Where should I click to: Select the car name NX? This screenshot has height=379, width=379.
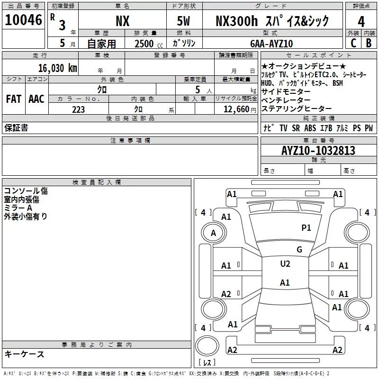pos(122,21)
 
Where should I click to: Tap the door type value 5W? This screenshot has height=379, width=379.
pos(184,21)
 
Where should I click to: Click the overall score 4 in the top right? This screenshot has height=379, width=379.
pos(361,22)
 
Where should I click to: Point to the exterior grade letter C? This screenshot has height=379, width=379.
pos(353,43)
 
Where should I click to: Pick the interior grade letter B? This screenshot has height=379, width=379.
pos(369,43)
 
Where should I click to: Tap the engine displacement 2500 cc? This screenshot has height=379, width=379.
pos(146,44)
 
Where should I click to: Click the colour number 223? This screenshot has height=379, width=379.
pos(78,109)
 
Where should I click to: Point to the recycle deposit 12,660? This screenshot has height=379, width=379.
pos(235,109)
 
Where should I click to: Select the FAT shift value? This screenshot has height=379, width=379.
pos(13,99)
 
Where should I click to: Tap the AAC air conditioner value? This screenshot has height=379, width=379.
pos(36,99)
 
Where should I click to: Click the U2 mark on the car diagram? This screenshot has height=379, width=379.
pos(285,264)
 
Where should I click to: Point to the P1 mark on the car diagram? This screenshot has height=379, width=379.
pos(307,228)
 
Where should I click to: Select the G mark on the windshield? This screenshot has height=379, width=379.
pos(299,249)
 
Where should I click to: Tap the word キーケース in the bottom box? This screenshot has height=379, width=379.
pos(24,354)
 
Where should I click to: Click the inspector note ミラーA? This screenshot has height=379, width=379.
pos(18,208)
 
